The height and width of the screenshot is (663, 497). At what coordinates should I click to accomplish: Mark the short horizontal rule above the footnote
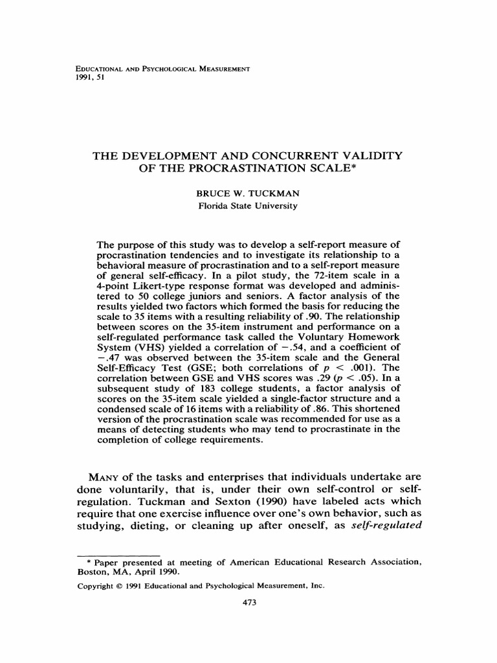click(x=119, y=556)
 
